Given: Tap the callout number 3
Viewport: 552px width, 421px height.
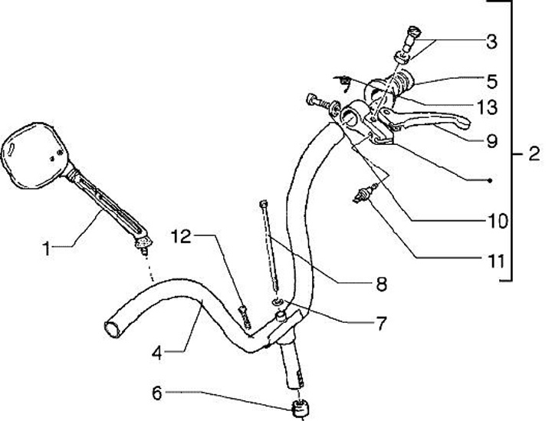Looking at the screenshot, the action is point(491,41).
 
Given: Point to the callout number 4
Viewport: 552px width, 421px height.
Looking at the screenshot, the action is point(156,354).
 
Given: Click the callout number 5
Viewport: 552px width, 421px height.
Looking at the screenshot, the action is point(491,80).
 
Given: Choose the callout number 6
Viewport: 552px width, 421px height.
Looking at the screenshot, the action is point(156,393).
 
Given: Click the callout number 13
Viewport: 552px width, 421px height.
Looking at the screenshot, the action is point(487,107).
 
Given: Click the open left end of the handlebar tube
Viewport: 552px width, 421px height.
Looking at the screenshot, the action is point(112,328).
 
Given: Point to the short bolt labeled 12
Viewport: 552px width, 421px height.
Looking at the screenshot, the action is point(245,317).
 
